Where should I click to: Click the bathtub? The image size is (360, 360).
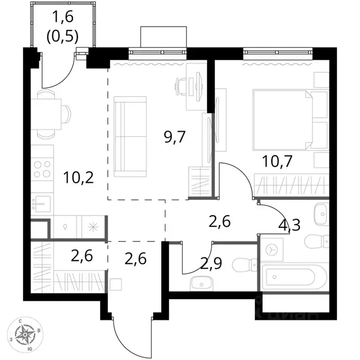click(292, 277)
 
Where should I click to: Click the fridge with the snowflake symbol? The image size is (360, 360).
click(93, 227)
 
